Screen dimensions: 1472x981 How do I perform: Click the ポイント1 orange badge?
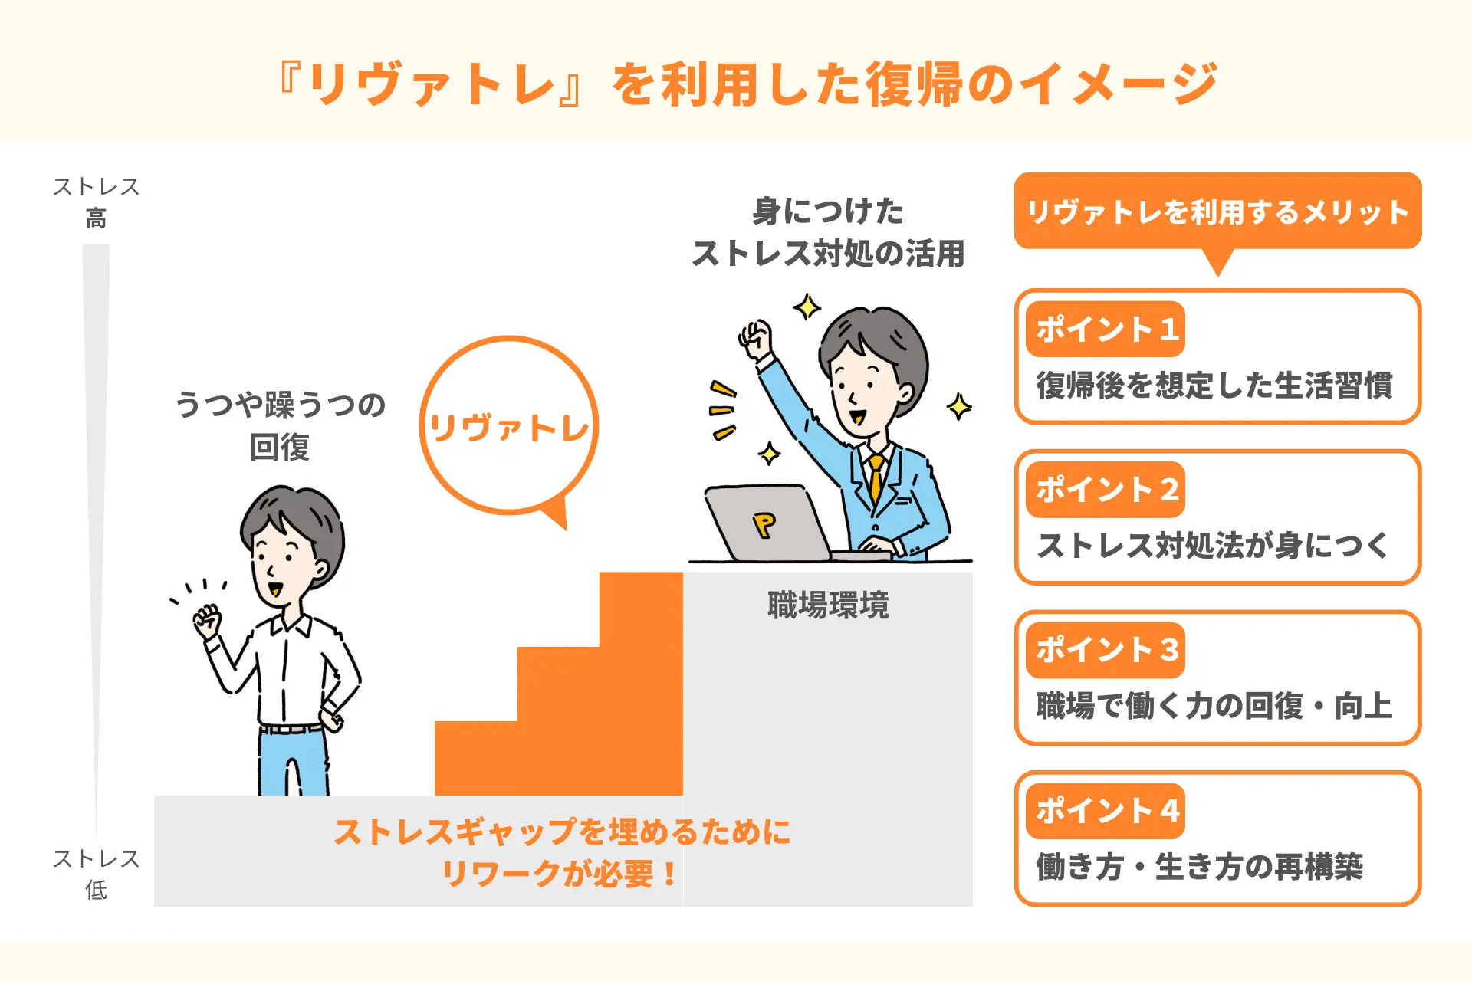tap(1106, 330)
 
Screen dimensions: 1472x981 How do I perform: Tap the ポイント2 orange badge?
tap(1106, 490)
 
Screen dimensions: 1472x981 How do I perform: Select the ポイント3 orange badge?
tap(1106, 650)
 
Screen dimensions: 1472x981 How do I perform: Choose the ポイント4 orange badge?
tap(1106, 811)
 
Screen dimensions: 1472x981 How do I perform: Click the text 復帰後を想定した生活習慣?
tap(1214, 386)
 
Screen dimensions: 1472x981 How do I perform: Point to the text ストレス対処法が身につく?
tap(1213, 546)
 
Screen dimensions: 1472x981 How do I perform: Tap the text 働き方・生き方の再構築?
tap(1200, 867)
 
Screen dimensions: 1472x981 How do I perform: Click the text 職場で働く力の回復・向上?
tap(1214, 706)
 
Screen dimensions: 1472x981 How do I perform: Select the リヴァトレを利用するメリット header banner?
tap(1217, 212)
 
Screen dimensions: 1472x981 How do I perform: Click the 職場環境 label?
tap(828, 605)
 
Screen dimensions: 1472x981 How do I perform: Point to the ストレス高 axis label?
tap(96, 202)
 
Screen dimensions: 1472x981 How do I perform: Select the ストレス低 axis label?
tap(96, 874)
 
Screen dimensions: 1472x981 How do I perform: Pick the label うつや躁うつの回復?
tap(280, 425)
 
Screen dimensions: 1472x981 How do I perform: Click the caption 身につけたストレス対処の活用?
tap(828, 232)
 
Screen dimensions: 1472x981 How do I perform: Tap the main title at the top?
tap(748, 84)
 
